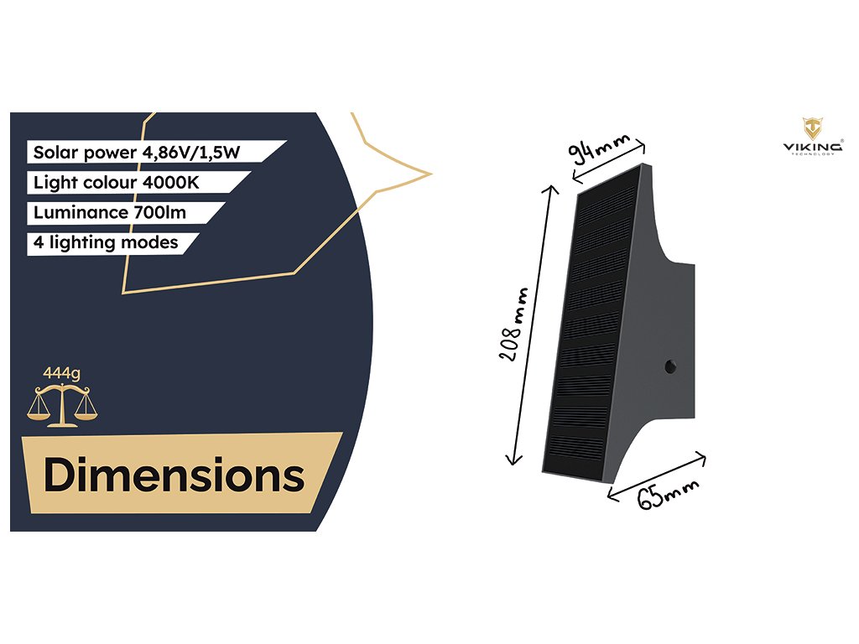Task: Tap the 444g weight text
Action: pos(61,372)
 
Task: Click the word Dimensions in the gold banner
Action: pos(174,475)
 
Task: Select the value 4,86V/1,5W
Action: pos(208,153)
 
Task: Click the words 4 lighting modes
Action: pos(106,242)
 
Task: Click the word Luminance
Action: pos(80,212)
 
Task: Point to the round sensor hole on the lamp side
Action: pos(670,366)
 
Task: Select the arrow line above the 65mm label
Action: pos(656,474)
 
